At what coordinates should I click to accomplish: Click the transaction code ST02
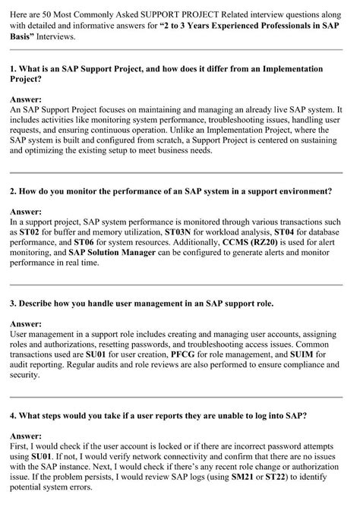30,231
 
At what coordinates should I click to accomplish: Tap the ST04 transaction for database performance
286,231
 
